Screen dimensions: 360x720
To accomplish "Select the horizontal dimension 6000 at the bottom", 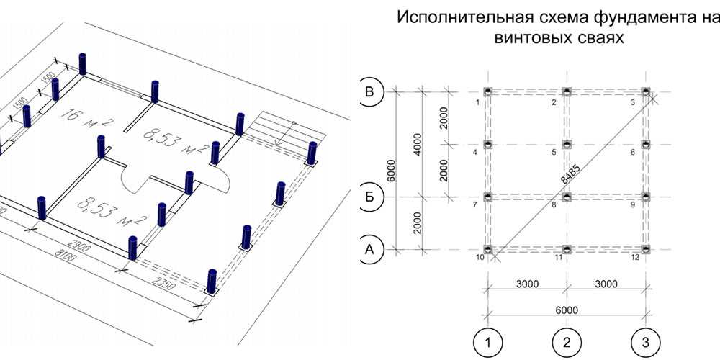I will (x=567, y=310).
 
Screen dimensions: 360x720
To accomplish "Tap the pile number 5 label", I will (x=554, y=153).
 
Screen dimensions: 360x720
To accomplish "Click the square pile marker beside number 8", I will (x=567, y=196).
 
